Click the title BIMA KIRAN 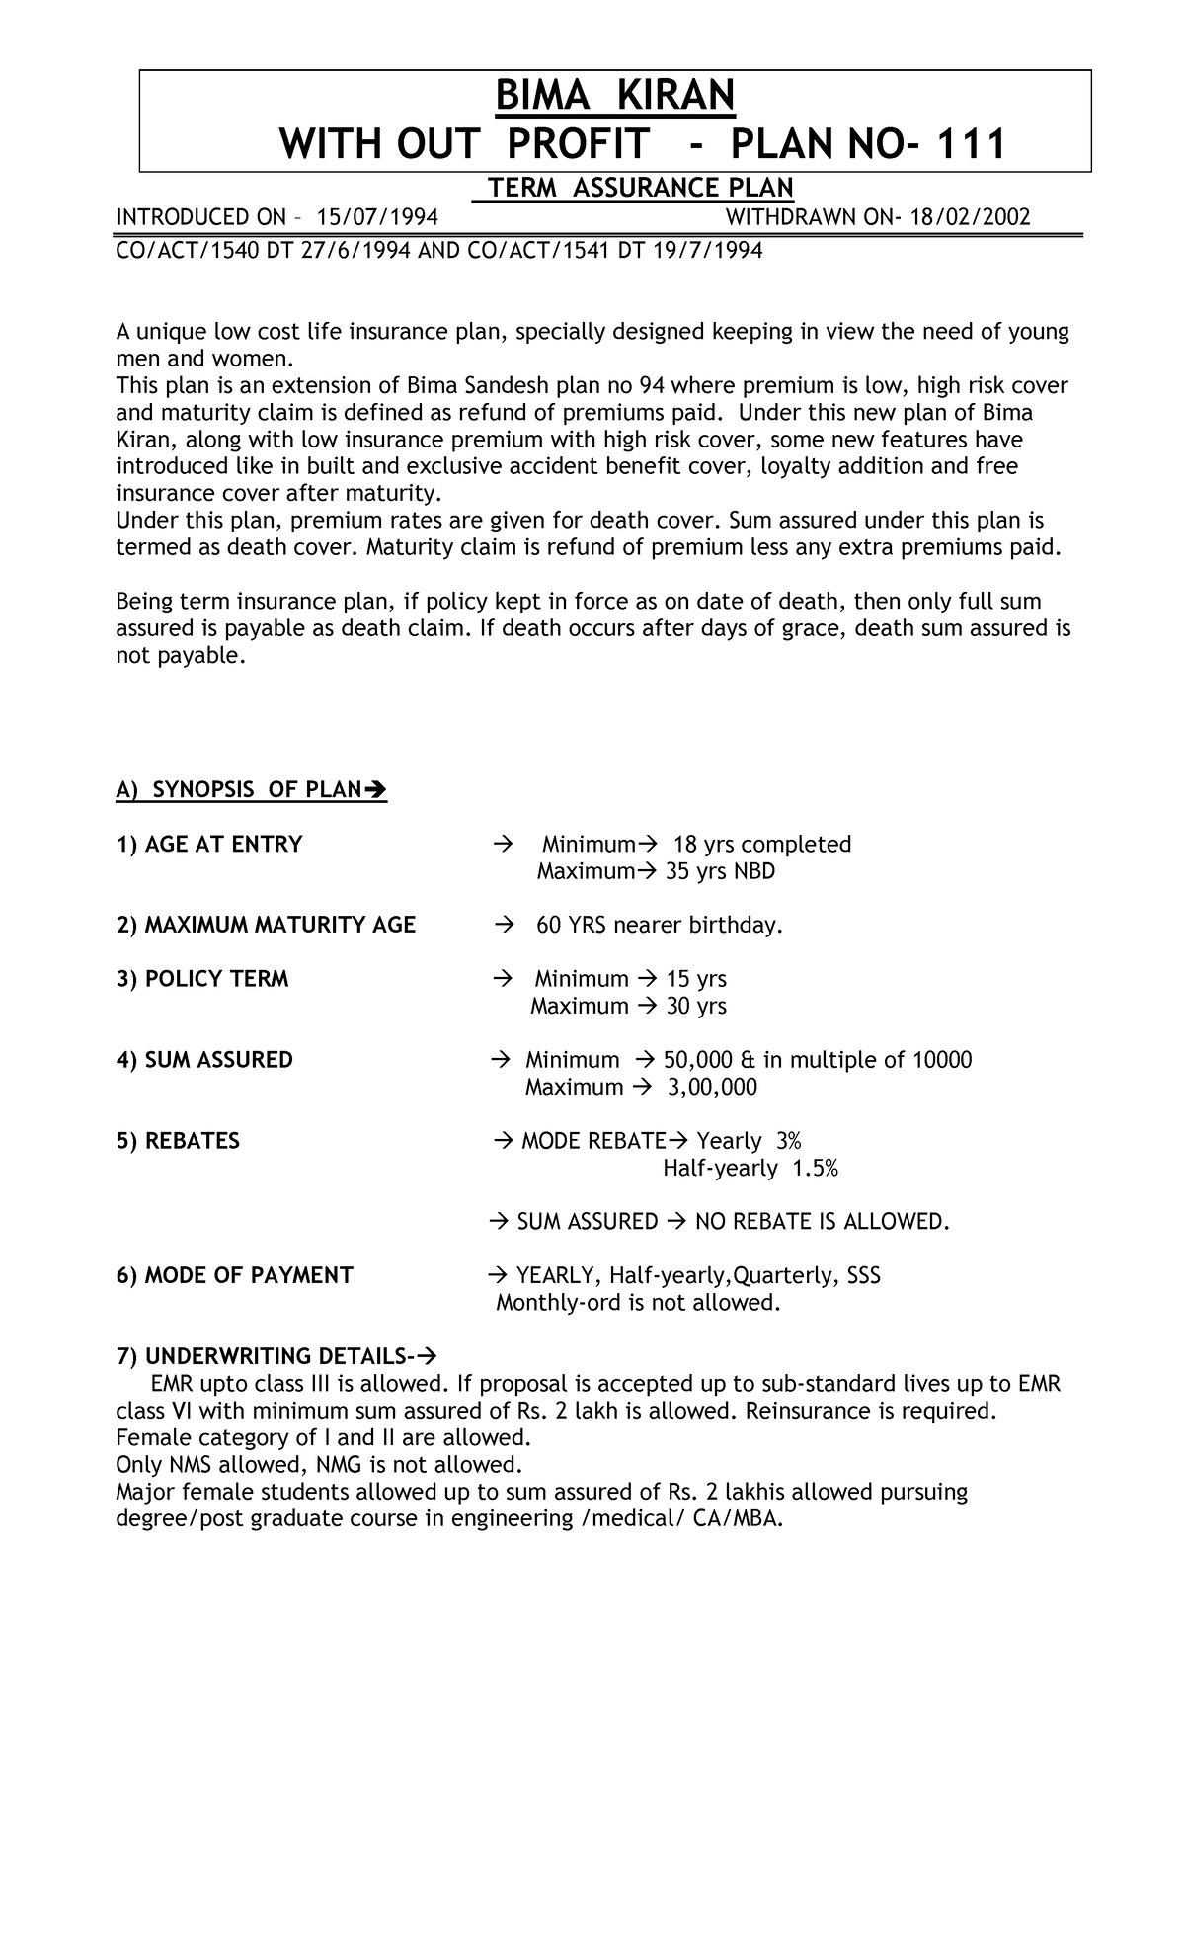click(x=614, y=97)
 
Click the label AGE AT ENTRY click(x=209, y=844)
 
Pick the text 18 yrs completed click(x=761, y=844)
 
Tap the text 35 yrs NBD click(x=721, y=871)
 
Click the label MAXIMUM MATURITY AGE click(x=266, y=925)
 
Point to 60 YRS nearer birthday click(x=659, y=925)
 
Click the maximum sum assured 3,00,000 click(x=712, y=1087)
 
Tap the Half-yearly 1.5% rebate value click(x=750, y=1168)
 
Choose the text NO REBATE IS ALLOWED click(x=822, y=1222)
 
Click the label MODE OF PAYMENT click(x=235, y=1275)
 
